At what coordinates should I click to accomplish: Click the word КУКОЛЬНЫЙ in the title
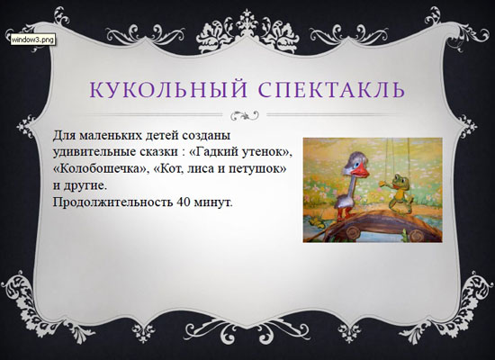168,89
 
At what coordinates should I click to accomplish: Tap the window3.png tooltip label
32,40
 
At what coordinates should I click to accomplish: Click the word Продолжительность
112,202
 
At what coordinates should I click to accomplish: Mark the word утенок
265,152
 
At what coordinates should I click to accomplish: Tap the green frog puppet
397,193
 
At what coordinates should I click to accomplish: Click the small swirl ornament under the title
245,115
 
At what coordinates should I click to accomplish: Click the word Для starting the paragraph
64,136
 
